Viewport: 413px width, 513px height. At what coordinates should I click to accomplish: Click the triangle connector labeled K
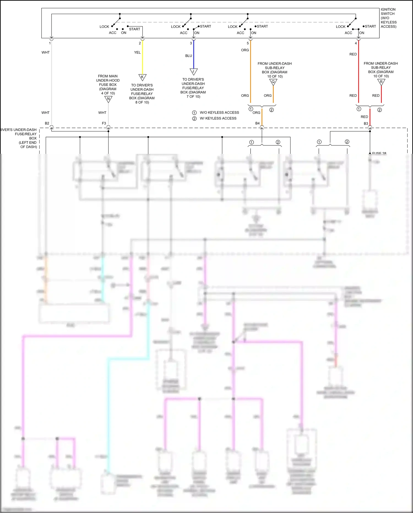pyautogui.click(x=142, y=77)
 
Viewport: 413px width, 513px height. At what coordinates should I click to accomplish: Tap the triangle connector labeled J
pyautogui.click(x=194, y=71)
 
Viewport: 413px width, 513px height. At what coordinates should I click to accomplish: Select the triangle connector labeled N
pyautogui.click(x=108, y=99)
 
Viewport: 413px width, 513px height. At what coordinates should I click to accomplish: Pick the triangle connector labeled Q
pyautogui.click(x=273, y=82)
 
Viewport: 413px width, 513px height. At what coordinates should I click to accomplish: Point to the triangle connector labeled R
pyautogui.click(x=381, y=82)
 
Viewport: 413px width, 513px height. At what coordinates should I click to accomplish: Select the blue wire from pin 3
pyautogui.click(x=194, y=55)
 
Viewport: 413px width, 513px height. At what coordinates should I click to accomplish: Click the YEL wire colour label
pyautogui.click(x=137, y=52)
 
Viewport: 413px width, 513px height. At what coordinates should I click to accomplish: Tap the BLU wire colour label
pyautogui.click(x=189, y=56)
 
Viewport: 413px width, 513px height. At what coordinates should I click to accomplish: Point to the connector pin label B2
pyautogui.click(x=47, y=123)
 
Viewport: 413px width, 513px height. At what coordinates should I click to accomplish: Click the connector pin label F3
pyautogui.click(x=104, y=123)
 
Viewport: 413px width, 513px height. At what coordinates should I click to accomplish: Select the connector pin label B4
pyautogui.click(x=257, y=123)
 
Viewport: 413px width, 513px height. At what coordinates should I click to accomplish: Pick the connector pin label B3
pyautogui.click(x=366, y=123)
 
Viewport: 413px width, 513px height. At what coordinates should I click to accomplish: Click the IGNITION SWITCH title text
pyautogui.click(x=388, y=18)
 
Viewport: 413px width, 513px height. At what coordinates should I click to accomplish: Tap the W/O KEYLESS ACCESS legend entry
pyautogui.click(x=219, y=112)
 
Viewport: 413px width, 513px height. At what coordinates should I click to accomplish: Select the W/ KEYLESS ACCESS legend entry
pyautogui.click(x=218, y=118)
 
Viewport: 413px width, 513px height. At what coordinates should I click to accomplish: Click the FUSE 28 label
pyautogui.click(x=379, y=153)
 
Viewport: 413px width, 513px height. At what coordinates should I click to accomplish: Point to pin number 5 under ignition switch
pyautogui.click(x=248, y=43)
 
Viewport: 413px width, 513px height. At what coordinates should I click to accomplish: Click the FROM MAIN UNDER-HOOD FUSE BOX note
pyautogui.click(x=108, y=84)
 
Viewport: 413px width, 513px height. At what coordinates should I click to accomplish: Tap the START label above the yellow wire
pyautogui.click(x=135, y=29)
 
